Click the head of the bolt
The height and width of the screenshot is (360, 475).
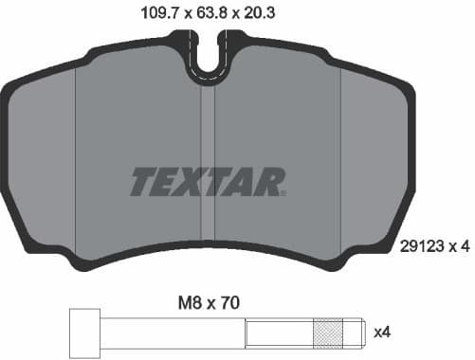tap(85, 333)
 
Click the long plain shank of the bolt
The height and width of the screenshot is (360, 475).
tap(171, 333)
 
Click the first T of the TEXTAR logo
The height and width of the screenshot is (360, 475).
tap(145, 181)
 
